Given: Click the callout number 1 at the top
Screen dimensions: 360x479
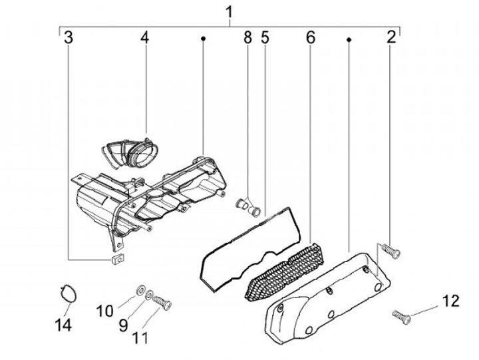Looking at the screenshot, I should (x=230, y=12).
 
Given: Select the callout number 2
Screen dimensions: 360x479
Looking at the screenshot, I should (x=392, y=37).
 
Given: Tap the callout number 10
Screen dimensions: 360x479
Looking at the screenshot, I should (x=107, y=311).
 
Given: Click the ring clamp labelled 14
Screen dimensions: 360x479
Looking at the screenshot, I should (x=67, y=293).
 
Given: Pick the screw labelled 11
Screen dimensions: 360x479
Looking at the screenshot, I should (x=162, y=303).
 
